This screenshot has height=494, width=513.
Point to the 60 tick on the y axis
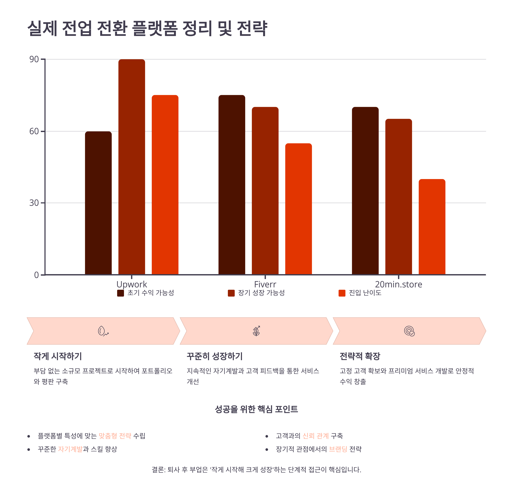[x=34, y=131]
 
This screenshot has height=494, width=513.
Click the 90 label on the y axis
[x=34, y=59]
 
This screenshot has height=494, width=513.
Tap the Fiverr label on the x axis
[x=265, y=284]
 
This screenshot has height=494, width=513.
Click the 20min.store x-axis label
[x=398, y=284]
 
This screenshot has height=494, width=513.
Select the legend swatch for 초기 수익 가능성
[x=120, y=293]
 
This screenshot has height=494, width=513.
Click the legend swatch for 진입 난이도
[x=342, y=293]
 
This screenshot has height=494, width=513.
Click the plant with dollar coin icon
[x=256, y=331]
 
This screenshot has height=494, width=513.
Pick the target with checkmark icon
[x=409, y=331]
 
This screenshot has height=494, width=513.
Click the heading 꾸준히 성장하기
[x=215, y=356]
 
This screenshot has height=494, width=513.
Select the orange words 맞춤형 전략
[x=115, y=436]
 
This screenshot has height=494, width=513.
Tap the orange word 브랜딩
[x=338, y=449]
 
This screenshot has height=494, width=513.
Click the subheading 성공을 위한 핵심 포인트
[x=256, y=409]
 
